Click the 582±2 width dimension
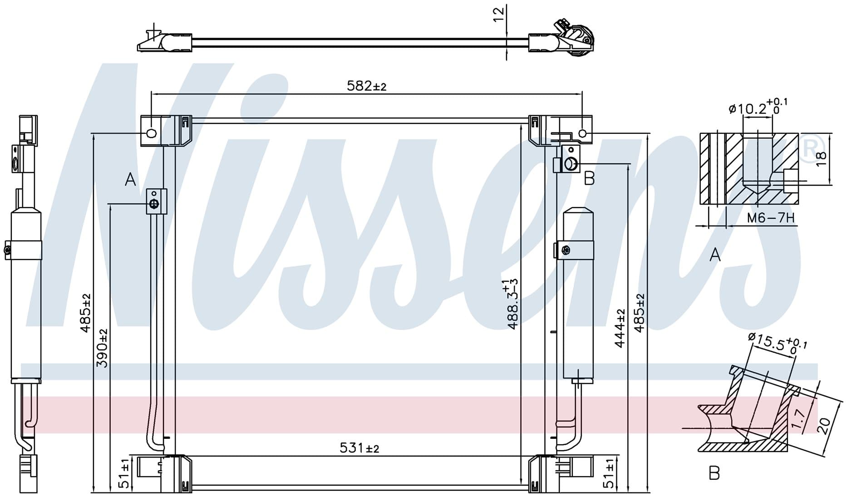(x=366, y=86)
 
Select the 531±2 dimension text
(x=359, y=448)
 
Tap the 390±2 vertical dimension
(x=103, y=348)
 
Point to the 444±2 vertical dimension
(x=620, y=328)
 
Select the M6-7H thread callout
(x=771, y=218)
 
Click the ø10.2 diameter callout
(x=758, y=107)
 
